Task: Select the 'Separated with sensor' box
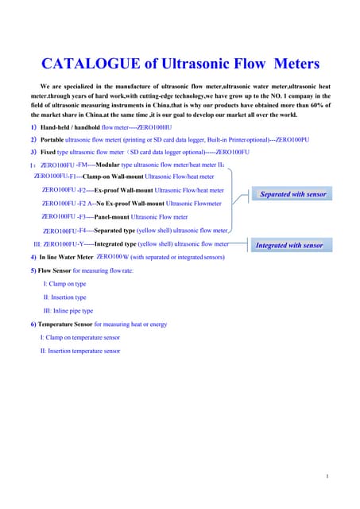293,194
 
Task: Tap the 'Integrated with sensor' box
289,246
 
